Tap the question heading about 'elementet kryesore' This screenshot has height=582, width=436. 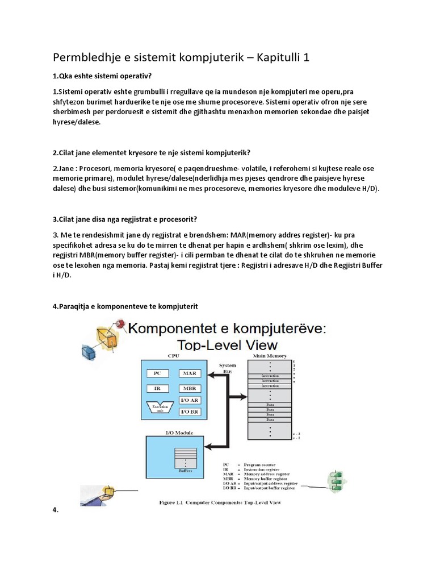point(152,153)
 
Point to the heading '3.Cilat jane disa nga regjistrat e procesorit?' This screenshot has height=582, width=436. point(133,220)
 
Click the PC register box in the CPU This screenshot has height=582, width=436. point(158,373)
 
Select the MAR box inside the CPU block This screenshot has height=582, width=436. point(189,373)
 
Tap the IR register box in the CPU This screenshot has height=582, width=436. point(158,389)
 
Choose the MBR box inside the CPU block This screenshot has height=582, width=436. point(189,389)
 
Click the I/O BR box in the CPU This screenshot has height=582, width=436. point(189,412)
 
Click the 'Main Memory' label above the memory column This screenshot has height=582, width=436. point(270,355)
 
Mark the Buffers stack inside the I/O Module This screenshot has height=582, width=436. point(185,458)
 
